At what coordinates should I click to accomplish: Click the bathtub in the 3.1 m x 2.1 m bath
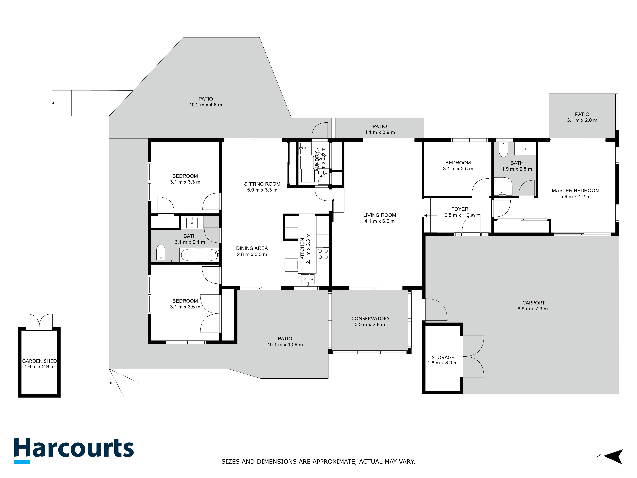pyautogui.click(x=199, y=255)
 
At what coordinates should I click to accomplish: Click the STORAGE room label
pyautogui.click(x=443, y=357)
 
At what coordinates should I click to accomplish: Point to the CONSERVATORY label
pyautogui.click(x=370, y=318)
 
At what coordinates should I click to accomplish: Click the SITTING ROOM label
pyautogui.click(x=262, y=184)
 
